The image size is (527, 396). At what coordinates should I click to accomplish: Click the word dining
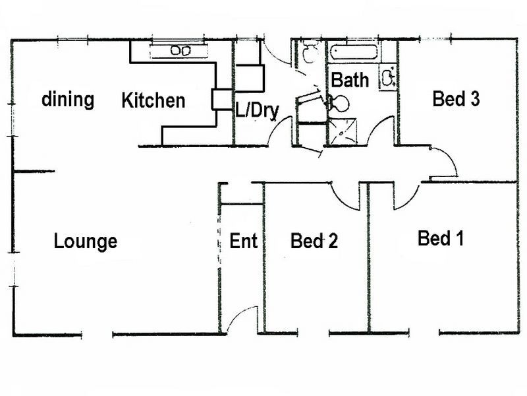(x=68, y=100)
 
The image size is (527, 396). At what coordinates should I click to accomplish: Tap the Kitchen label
(x=153, y=101)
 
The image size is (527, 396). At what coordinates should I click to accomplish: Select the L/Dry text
(x=257, y=111)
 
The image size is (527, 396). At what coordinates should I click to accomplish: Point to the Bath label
(x=350, y=81)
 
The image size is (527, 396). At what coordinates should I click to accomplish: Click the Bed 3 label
(x=455, y=99)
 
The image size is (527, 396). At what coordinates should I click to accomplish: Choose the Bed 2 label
(x=314, y=242)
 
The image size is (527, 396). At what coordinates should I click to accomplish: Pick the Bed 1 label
(x=441, y=238)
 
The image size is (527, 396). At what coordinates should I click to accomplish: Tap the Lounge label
(x=86, y=242)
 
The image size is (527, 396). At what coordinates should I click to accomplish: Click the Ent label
(x=243, y=242)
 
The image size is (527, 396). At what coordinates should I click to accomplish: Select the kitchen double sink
(x=180, y=50)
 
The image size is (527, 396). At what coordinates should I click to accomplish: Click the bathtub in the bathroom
(x=354, y=52)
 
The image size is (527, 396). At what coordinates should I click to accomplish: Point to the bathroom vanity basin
(x=388, y=78)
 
